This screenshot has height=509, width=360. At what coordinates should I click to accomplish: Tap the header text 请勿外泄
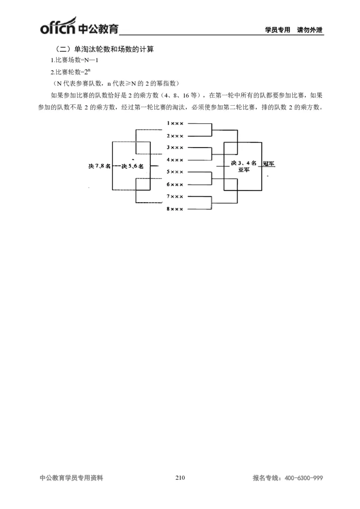pos(310,30)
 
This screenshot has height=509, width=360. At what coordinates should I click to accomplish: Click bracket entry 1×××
pos(175,123)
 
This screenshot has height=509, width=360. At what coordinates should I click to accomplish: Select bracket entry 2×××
pos(175,135)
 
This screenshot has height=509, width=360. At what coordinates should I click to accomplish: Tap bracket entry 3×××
pos(175,147)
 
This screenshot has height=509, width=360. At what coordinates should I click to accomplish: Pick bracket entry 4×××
pos(175,160)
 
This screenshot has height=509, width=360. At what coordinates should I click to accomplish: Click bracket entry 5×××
pos(175,172)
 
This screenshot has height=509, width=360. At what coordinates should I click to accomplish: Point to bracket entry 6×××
pos(175,184)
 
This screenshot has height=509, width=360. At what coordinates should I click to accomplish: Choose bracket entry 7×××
pos(175,196)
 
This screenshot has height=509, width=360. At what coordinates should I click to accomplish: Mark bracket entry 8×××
pos(175,209)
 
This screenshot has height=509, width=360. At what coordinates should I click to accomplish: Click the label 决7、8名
pos(99,166)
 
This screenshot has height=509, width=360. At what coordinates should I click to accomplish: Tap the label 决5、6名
pos(132,166)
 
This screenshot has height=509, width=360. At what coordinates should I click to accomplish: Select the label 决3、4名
pos(243,163)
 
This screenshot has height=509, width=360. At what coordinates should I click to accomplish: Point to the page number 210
pos(180,478)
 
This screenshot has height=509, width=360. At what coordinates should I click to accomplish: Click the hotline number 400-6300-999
pos(304,478)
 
